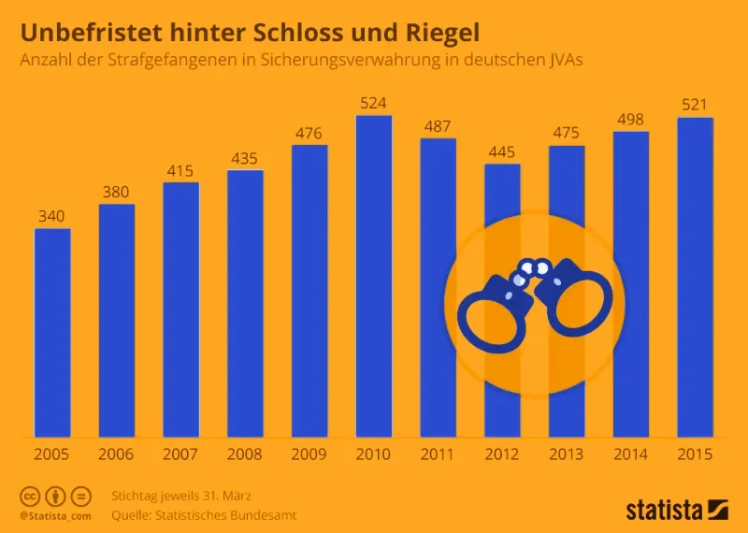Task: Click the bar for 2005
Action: point(52,333)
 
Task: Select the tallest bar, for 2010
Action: point(374,276)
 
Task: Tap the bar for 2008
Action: point(245,304)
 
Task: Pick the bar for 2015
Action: point(695,277)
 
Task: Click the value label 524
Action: point(374,102)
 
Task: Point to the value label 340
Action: point(52,215)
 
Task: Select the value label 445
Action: point(502,151)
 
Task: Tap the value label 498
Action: point(631,118)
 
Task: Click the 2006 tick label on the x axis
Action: point(117,454)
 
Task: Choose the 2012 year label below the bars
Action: point(502,454)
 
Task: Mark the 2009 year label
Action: point(309,454)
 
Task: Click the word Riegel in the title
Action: point(436,33)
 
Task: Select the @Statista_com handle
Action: point(54,515)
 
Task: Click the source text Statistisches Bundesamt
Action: point(233,514)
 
